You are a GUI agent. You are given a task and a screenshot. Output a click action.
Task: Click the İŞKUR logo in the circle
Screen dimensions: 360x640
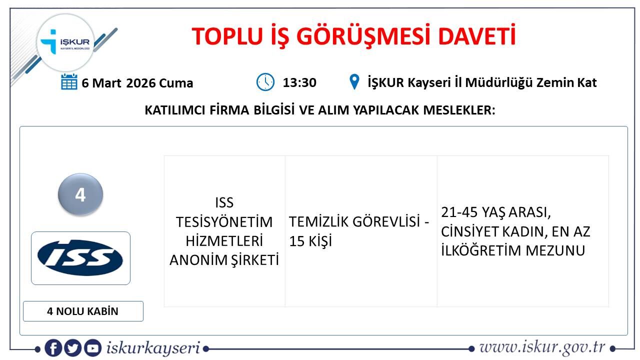coord(65,43)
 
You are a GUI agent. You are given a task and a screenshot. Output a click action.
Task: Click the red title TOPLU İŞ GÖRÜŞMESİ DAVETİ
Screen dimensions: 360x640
coord(354,36)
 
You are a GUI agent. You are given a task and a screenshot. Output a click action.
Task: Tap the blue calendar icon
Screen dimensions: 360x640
coord(69,82)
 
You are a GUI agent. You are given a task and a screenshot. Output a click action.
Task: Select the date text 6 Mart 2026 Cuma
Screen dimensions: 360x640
coord(137,83)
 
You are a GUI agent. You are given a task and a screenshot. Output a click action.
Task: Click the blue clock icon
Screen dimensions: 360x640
coord(265,82)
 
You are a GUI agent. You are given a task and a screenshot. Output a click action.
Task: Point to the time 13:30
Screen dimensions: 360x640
coord(299,82)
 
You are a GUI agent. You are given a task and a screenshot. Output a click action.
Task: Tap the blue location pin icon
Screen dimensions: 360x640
coord(354,82)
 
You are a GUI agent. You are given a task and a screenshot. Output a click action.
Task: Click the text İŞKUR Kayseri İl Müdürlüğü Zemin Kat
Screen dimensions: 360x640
coord(482,82)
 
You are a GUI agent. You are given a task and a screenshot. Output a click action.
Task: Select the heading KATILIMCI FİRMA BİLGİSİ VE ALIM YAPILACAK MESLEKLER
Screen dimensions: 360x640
coord(320,110)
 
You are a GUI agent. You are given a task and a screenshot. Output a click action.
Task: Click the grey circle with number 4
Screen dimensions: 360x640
coord(80,194)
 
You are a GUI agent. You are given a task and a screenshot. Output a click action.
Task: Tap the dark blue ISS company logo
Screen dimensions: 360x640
coord(80,258)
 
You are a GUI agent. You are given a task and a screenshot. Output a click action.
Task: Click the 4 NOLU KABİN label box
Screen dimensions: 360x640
coord(83,311)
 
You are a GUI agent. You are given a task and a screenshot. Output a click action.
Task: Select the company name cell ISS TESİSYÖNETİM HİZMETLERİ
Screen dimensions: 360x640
coord(224,231)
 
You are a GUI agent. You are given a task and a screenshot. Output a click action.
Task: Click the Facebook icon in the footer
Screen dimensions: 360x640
coord(53,348)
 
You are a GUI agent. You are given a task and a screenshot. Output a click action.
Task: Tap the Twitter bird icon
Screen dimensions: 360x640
coord(73,348)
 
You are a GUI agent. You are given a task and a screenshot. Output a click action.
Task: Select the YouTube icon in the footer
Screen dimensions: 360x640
coord(92,348)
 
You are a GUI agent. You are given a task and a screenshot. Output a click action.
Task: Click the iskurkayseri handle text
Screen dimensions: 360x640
coord(153,348)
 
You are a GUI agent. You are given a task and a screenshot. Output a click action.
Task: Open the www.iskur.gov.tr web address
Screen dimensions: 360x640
coord(542,347)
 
